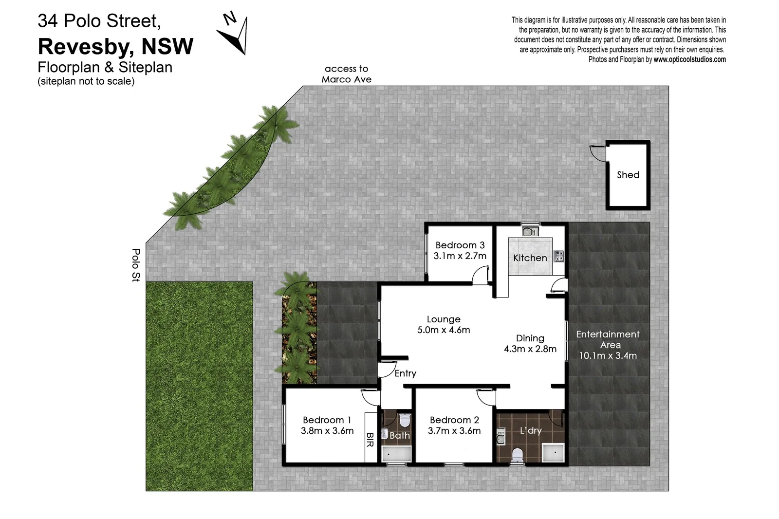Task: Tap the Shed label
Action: [x=628, y=175]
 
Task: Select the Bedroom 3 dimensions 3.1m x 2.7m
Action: [x=460, y=256]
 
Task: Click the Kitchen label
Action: [x=530, y=258]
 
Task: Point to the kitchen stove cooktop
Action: [x=558, y=256]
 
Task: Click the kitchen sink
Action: [x=530, y=231]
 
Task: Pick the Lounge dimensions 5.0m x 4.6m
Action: [x=444, y=330]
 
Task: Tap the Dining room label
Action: [x=530, y=338]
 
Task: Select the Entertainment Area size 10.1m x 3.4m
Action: [x=608, y=356]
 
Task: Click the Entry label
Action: [x=405, y=373]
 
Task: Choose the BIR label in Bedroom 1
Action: [x=370, y=440]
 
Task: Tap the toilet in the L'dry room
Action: [x=517, y=455]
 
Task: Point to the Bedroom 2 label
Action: [x=454, y=420]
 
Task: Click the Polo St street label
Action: [x=136, y=265]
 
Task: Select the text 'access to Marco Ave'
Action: [x=346, y=74]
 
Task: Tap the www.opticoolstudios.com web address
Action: [x=689, y=59]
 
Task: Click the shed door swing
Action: [x=597, y=153]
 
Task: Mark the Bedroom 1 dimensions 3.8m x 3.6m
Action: [x=327, y=431]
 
